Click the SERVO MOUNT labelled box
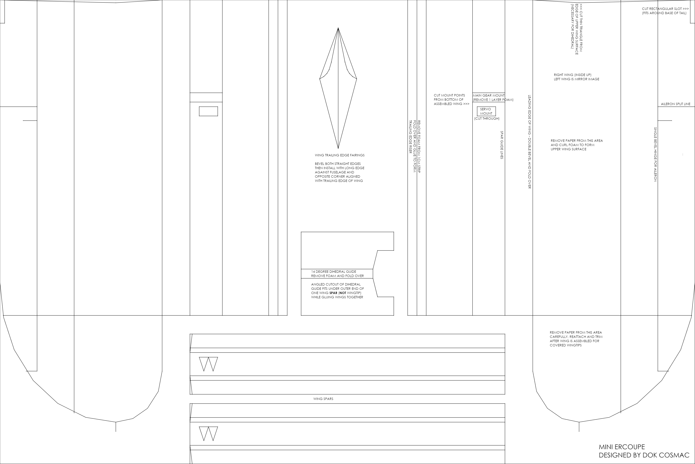(x=486, y=111)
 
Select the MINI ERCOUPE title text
(x=622, y=447)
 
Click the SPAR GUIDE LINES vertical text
(x=501, y=145)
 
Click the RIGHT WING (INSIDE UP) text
(x=572, y=75)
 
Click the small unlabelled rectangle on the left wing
(x=208, y=111)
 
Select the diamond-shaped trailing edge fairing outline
(x=338, y=89)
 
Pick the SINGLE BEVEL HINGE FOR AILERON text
(x=655, y=154)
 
